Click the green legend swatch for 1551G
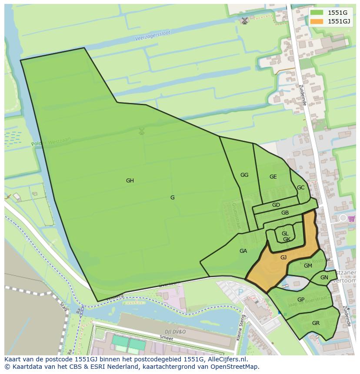coord(317,13)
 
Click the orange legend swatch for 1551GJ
coord(317,21)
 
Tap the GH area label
coord(130,181)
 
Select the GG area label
coord(244,175)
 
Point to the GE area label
coord(273,177)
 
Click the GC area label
coord(300,188)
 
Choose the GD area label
coord(276,205)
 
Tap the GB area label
coord(285,213)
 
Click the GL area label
coord(285,234)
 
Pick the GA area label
coord(243,251)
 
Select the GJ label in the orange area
coord(283,258)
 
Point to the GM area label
coord(308,266)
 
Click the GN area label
coord(324,278)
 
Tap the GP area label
coord(301,300)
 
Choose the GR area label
coord(316,323)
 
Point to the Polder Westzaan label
coord(51,142)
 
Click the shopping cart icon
coord(351,218)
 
